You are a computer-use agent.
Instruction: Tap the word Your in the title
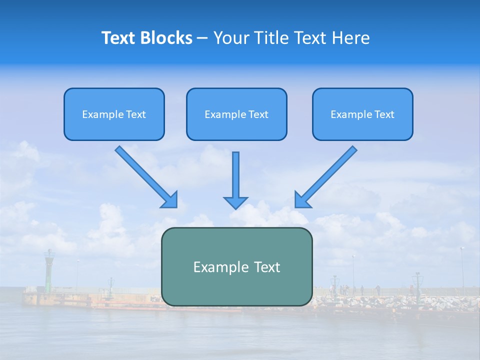coord(231,38)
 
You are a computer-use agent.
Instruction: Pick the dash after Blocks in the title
coord(202,38)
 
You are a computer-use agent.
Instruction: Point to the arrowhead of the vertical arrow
coord(235,202)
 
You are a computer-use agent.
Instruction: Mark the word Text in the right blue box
coord(384,114)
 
